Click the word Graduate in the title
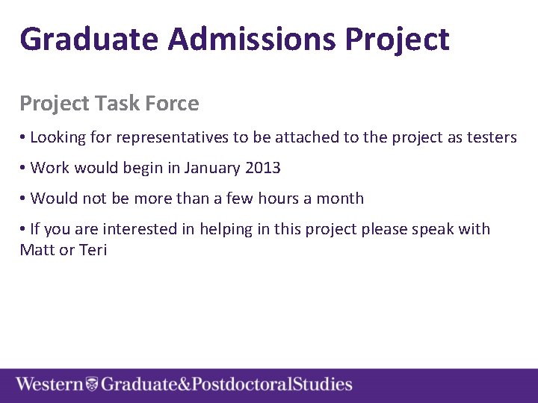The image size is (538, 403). [x=89, y=39]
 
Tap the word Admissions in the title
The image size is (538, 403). [x=252, y=39]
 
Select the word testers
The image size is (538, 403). [x=490, y=137]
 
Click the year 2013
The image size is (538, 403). [x=263, y=168]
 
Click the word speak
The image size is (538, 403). [x=430, y=229]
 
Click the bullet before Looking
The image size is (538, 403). [x=23, y=138]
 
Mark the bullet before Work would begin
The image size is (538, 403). [x=23, y=169]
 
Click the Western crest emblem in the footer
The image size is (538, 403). [x=92, y=385]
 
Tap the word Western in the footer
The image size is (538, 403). [x=49, y=385]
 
